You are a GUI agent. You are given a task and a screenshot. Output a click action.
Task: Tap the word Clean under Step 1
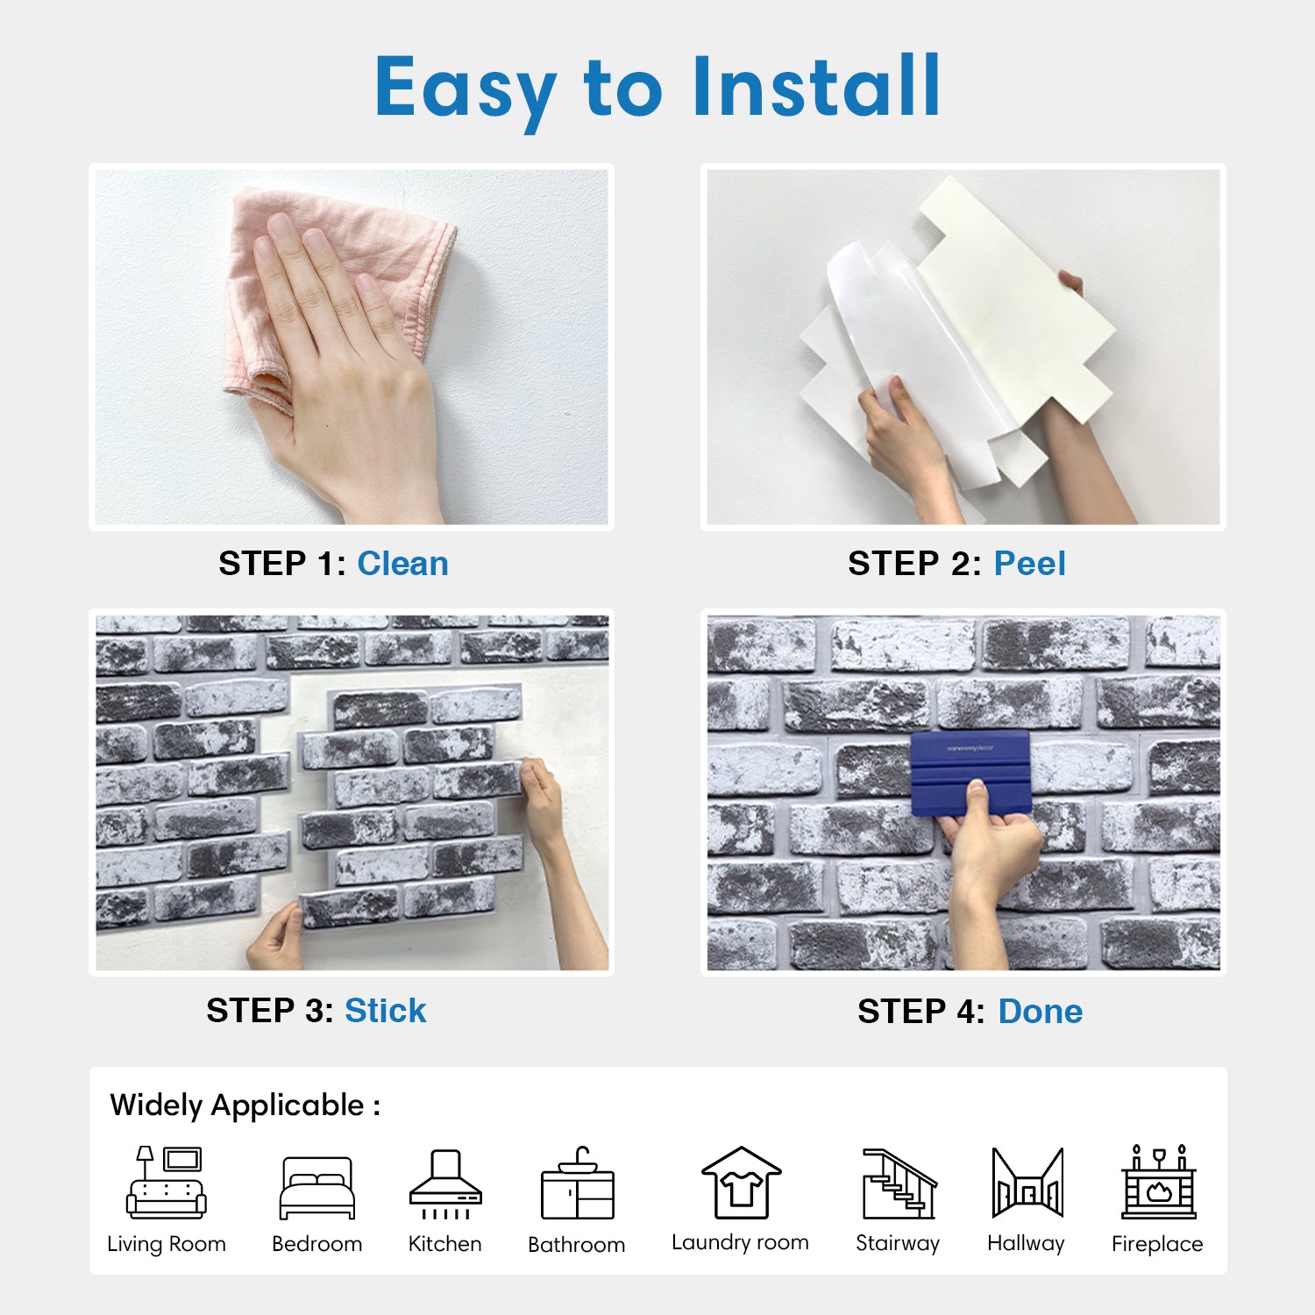(x=402, y=564)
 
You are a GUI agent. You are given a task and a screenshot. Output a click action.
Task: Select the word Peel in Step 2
(x=1030, y=564)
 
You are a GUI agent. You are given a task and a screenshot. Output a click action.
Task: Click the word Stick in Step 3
(x=386, y=1011)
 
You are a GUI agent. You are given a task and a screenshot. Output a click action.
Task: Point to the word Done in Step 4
(x=1041, y=1012)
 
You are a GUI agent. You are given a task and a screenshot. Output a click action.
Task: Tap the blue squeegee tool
(x=970, y=772)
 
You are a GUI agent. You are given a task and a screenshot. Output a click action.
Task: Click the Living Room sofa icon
(x=166, y=1182)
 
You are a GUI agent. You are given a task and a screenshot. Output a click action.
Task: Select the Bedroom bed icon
(x=317, y=1188)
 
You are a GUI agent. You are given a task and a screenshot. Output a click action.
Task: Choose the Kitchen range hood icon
(x=445, y=1184)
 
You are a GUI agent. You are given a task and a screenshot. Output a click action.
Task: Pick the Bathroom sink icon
(x=578, y=1183)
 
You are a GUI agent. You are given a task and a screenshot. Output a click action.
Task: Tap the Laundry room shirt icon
(x=741, y=1183)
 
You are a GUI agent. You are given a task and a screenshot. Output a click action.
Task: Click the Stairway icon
(x=899, y=1183)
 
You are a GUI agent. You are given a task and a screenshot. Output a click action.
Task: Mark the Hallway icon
(x=1027, y=1183)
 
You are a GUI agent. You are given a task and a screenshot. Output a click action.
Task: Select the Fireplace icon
(x=1159, y=1182)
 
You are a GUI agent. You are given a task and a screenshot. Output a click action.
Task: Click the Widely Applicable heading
(x=245, y=1105)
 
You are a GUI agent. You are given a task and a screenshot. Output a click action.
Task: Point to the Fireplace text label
(x=1157, y=1244)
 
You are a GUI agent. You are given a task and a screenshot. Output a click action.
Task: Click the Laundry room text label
(x=740, y=1242)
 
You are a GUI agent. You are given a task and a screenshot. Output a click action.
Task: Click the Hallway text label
(x=1026, y=1244)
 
